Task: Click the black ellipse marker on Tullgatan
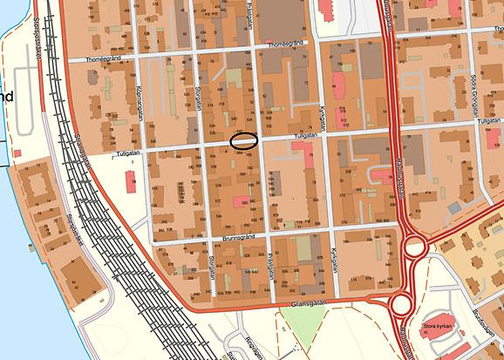(243, 139)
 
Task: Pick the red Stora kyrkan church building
(433, 318)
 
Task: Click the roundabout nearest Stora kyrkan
(402, 304)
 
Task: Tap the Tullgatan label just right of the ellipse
(279, 136)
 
